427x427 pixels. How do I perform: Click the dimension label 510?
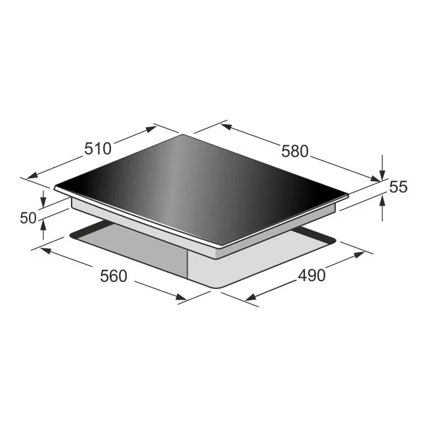[98, 148]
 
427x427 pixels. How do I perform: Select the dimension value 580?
[294, 150]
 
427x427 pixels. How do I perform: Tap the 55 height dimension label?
[398, 187]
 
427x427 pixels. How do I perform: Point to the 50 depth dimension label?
[28, 218]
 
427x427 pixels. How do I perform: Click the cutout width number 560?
[113, 276]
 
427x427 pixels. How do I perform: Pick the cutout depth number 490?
[311, 276]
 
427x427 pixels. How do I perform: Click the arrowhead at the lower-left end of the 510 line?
[26, 176]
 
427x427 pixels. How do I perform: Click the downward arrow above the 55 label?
[383, 172]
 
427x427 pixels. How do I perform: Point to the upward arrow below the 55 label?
[383, 200]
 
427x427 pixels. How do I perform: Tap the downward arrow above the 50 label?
[43, 202]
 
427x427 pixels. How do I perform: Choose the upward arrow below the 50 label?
[43, 225]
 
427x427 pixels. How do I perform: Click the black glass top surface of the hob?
[197, 184]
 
